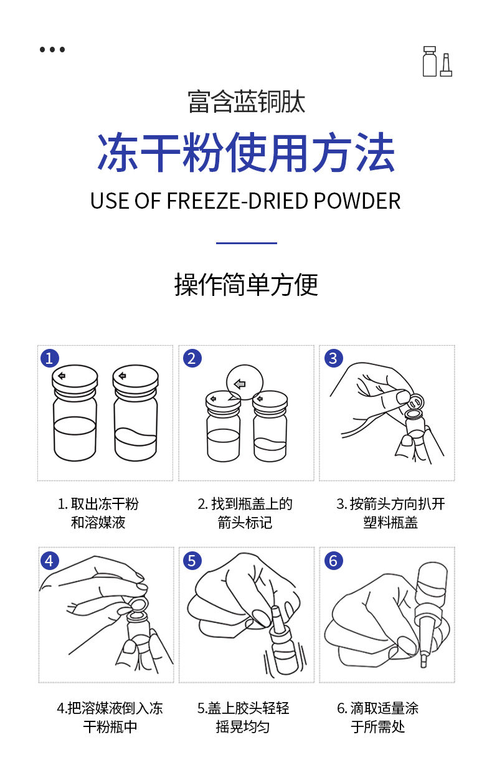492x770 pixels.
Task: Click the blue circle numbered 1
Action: click(50, 358)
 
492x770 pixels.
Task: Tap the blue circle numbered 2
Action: click(192, 358)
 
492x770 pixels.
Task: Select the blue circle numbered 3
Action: click(334, 358)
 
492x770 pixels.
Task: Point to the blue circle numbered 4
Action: click(50, 561)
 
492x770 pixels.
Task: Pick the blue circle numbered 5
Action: click(192, 561)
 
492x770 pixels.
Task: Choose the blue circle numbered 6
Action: click(334, 561)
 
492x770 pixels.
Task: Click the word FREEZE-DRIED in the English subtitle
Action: click(237, 201)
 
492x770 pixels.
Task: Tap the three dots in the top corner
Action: click(52, 49)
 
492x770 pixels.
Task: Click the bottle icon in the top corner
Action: click(437, 61)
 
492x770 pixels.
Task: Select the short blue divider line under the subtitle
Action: click(247, 243)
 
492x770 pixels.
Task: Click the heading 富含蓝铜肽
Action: click(247, 102)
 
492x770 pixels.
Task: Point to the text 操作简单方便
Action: click(246, 284)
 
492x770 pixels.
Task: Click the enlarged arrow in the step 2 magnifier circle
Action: click(240, 384)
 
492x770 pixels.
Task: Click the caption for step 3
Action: click(390, 513)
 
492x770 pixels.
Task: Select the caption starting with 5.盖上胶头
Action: click(244, 718)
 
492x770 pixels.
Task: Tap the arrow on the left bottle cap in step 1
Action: click(62, 376)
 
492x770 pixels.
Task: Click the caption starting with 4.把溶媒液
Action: click(110, 718)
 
